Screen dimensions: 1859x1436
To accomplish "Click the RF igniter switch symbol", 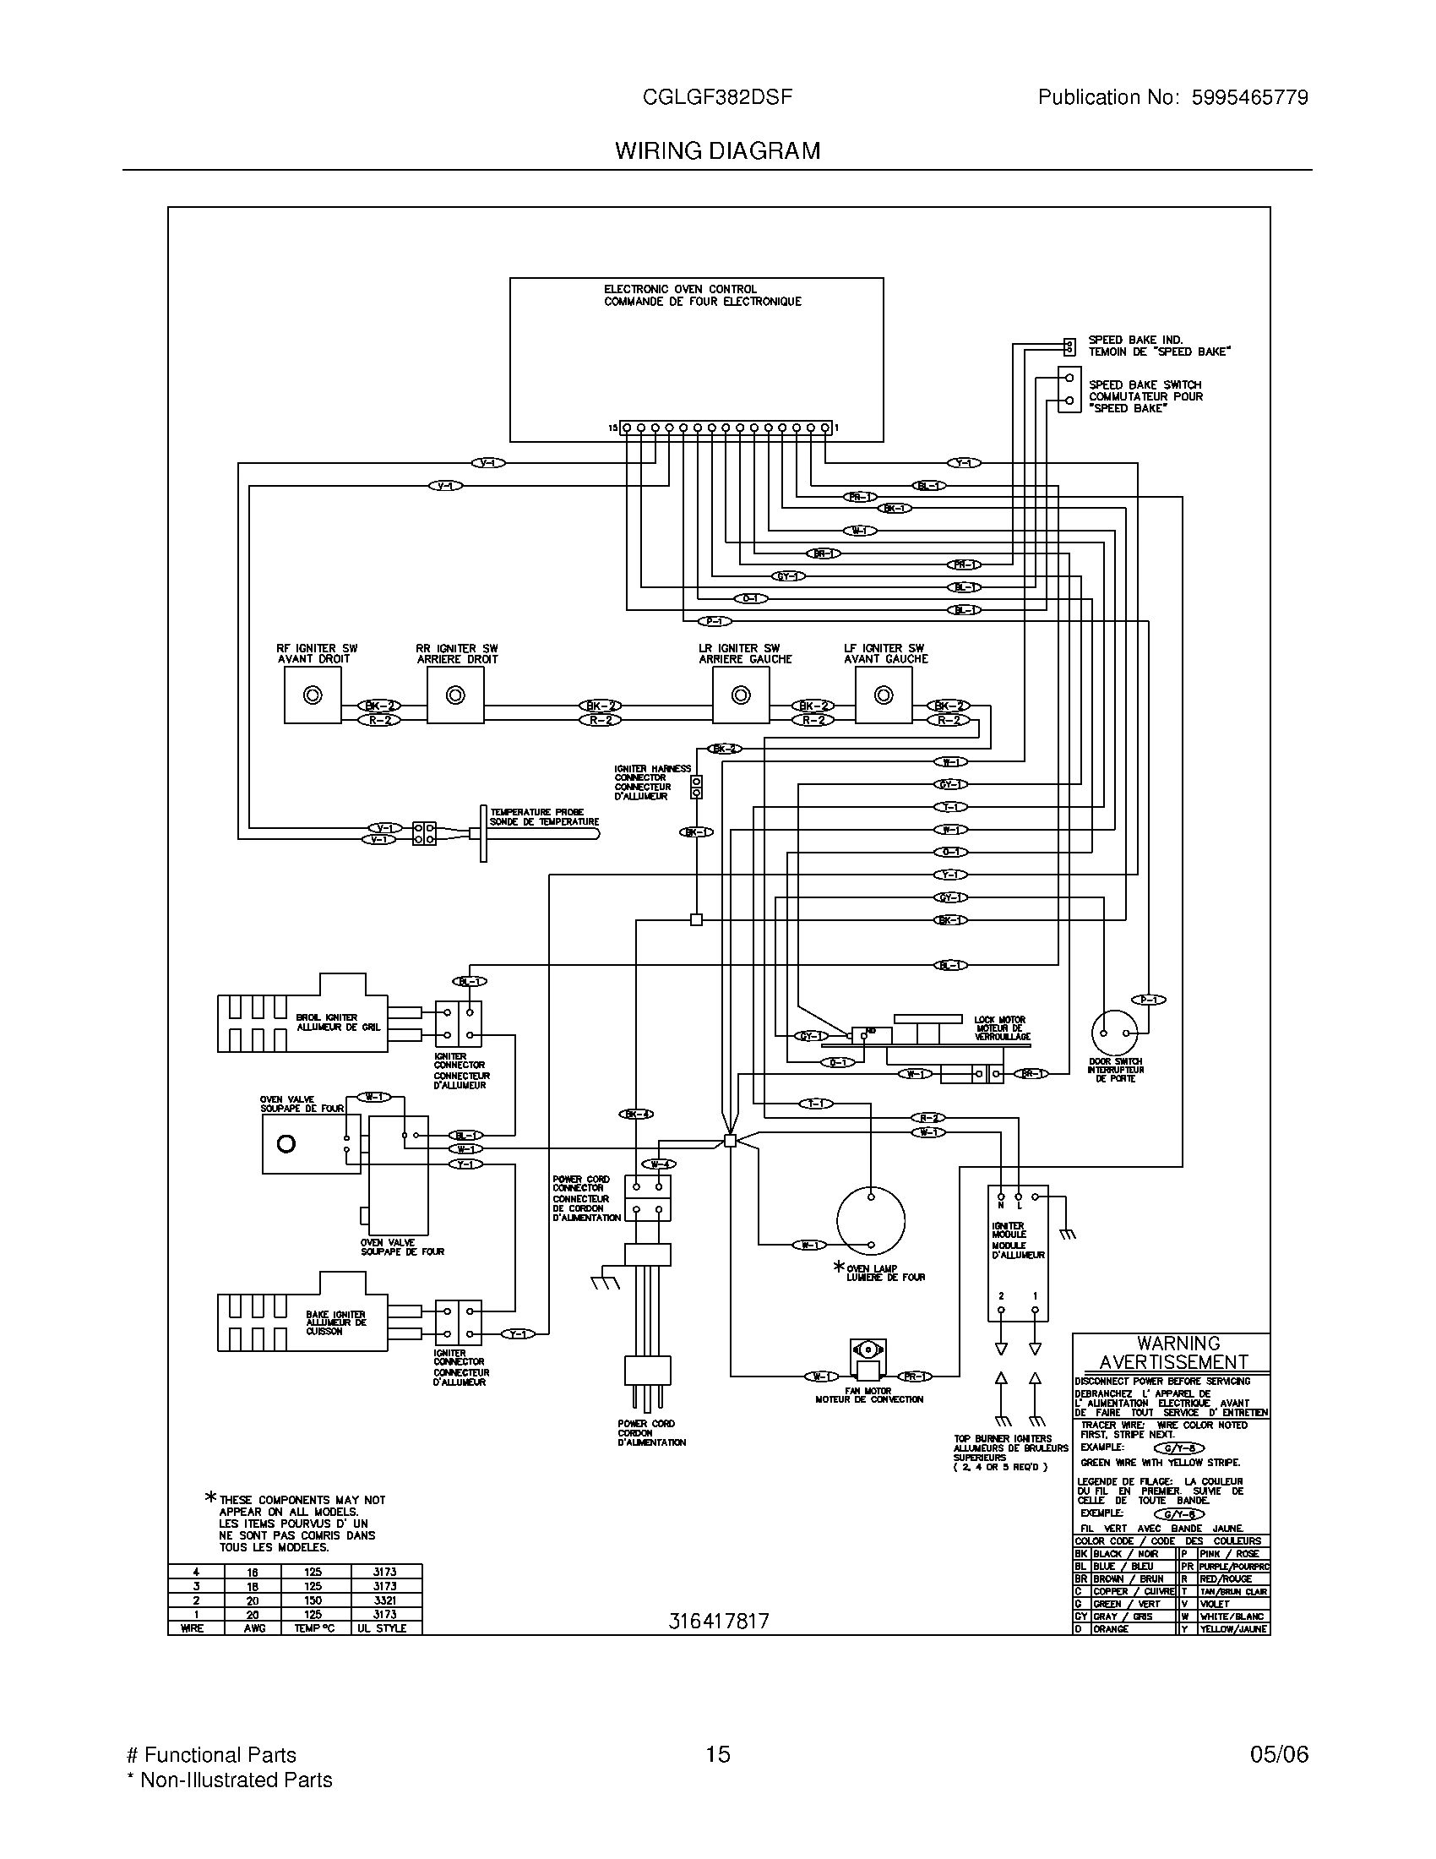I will click(x=313, y=695).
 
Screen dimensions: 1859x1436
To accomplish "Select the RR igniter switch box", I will click(x=455, y=695).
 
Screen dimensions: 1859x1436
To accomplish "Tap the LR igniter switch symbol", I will click(x=741, y=695).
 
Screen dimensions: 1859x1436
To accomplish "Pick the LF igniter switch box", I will click(x=884, y=695).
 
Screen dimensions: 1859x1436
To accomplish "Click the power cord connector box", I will click(x=648, y=1198).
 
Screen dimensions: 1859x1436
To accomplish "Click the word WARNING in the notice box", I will click(x=1178, y=1344).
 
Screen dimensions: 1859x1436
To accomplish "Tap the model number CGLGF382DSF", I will click(x=718, y=97).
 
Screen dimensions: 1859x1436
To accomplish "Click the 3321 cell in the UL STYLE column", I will click(x=384, y=1600).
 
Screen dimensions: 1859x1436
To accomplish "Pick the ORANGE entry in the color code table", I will click(x=1112, y=1628).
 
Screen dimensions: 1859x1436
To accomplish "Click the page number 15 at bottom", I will click(x=718, y=1753).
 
